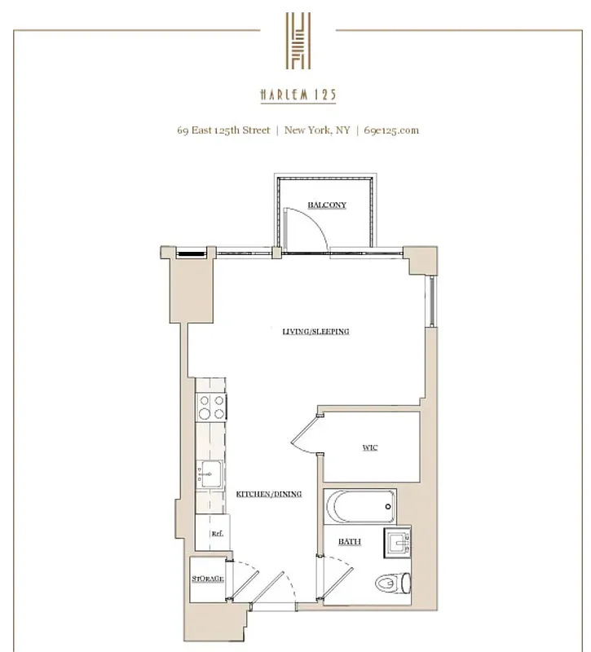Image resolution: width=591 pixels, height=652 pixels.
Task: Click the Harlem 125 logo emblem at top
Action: [298, 41]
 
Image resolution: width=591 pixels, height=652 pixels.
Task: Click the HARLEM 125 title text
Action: [298, 95]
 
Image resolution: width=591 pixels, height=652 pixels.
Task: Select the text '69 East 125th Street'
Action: [226, 130]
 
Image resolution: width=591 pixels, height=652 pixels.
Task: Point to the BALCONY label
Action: [327, 205]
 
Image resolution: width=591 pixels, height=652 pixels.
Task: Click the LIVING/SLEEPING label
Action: [315, 332]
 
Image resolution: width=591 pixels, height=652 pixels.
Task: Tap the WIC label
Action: [370, 447]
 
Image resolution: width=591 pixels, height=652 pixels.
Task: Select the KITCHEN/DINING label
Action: [269, 495]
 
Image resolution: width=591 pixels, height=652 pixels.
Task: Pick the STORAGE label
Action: [209, 579]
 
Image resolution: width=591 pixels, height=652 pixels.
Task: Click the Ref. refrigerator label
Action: [217, 534]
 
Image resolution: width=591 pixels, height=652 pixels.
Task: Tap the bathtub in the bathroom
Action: [359, 507]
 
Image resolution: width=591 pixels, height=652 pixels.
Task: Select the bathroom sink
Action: [399, 540]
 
